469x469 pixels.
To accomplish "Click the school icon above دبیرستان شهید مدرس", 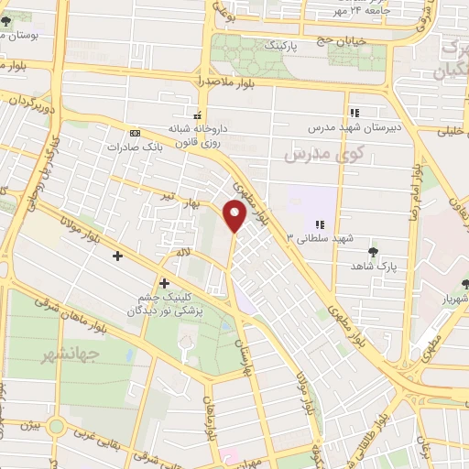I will tap(354, 113).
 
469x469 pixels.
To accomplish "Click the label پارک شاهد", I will tap(371, 265).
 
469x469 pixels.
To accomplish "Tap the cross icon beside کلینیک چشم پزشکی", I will tap(164, 283).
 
